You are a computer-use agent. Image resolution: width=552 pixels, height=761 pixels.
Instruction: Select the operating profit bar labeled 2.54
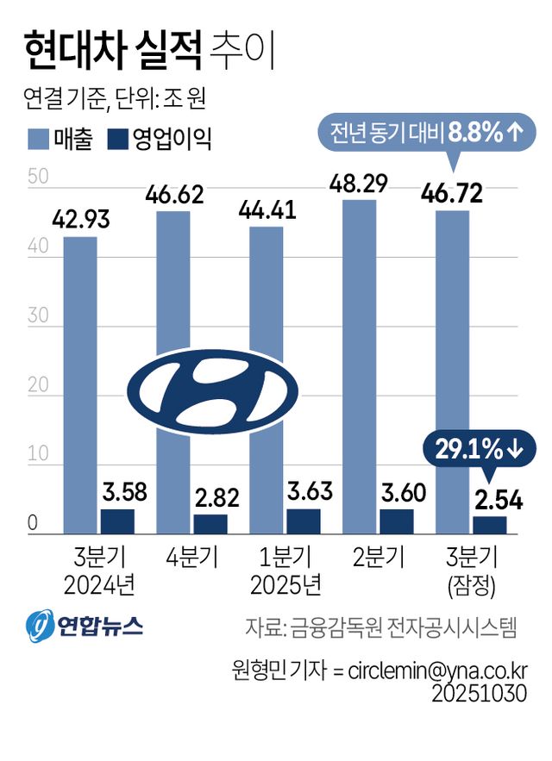point(489,526)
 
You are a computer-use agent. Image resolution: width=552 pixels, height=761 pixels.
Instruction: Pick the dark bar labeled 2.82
point(210,525)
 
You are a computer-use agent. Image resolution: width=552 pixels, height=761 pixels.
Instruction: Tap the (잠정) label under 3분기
point(470,587)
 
